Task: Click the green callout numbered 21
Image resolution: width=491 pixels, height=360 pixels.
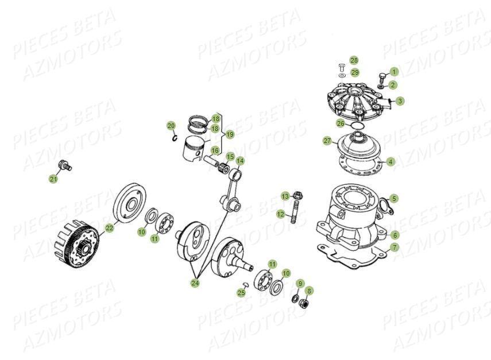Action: tap(53, 179)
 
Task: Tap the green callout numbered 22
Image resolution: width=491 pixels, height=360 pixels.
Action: tap(109, 228)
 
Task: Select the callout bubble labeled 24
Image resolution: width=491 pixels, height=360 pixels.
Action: tap(195, 283)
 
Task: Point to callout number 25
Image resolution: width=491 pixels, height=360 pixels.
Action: tap(241, 293)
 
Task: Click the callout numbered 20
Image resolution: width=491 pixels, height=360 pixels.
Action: tap(171, 126)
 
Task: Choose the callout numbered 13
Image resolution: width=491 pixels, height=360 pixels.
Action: tap(285, 197)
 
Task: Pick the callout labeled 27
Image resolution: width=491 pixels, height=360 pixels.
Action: tap(327, 140)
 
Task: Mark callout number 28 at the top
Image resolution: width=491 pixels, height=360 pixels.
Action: tap(354, 60)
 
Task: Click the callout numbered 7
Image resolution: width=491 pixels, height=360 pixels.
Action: tap(395, 248)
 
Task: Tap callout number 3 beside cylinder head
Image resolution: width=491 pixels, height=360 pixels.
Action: tap(400, 101)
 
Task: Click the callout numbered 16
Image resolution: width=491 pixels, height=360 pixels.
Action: tap(215, 151)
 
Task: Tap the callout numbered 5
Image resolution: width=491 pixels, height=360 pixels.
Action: tap(393, 199)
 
